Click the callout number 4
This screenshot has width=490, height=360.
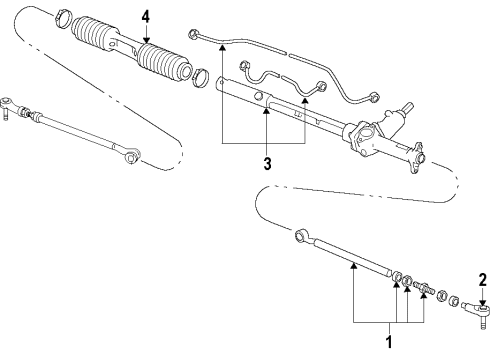[146, 17]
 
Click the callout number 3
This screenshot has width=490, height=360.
[267, 164]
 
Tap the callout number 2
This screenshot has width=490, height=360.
[483, 280]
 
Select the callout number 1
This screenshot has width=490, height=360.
[389, 342]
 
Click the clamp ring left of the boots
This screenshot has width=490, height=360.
[62, 20]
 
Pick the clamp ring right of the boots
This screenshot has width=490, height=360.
[200, 79]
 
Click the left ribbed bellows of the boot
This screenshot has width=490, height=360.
[90, 33]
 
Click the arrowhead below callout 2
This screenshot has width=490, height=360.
[483, 303]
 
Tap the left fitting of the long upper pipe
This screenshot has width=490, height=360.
[193, 34]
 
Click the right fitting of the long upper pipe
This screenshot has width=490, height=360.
[374, 98]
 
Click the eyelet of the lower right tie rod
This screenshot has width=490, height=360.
[302, 235]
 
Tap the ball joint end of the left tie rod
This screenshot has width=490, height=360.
[7, 106]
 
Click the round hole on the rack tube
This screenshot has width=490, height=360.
[258, 97]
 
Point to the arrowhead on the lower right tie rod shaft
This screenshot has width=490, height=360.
[354, 265]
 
